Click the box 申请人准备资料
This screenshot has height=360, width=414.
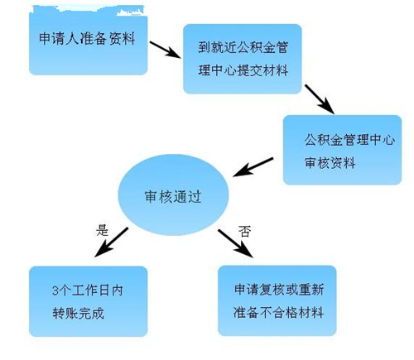click(89, 41)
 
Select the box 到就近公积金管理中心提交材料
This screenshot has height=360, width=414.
click(243, 59)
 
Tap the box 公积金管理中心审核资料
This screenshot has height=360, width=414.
click(342, 150)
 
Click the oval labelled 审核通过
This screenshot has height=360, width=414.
click(173, 194)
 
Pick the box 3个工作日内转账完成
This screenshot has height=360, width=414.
click(89, 301)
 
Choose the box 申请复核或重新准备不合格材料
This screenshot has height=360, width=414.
click(277, 300)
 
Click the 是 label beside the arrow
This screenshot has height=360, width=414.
click(102, 230)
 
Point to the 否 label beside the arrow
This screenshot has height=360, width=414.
click(244, 231)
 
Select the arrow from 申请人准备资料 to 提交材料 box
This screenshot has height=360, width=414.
click(166, 50)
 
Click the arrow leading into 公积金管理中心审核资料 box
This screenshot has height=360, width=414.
click(320, 99)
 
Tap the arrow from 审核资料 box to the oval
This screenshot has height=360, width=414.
click(253, 167)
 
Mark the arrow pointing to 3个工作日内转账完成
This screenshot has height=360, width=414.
click(111, 242)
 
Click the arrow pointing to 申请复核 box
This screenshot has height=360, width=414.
click(235, 243)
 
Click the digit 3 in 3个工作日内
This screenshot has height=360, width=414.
click(55, 290)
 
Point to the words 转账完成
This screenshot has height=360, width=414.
click(78, 314)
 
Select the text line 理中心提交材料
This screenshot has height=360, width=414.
click(243, 70)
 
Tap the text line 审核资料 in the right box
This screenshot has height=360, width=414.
click(330, 162)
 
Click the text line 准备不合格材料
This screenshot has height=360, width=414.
click(278, 313)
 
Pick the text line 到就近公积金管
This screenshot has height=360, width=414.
click(243, 47)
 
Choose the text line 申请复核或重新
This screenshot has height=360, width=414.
click(279, 290)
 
